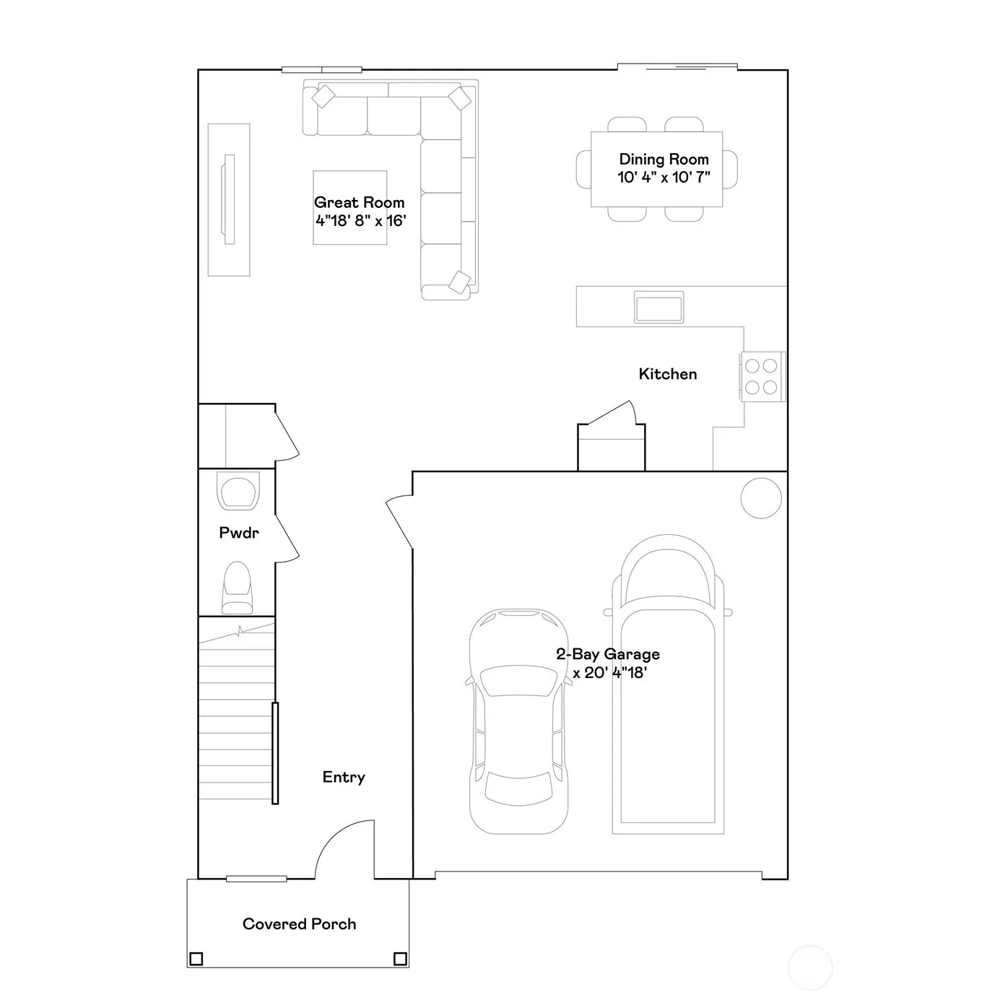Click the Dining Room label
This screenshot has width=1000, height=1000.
(x=664, y=160)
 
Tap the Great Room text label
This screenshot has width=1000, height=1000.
(x=359, y=202)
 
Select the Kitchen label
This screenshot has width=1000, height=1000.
(x=668, y=374)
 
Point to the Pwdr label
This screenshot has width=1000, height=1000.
(x=239, y=532)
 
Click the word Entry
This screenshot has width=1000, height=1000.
(x=344, y=778)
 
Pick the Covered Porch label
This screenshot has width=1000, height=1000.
(x=300, y=923)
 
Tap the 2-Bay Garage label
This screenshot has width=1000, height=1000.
(x=608, y=654)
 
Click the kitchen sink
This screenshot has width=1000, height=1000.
(x=658, y=307)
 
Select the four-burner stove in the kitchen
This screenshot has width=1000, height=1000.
(x=762, y=376)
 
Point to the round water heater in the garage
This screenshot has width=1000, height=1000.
(x=761, y=498)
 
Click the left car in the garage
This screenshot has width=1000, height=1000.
(x=518, y=721)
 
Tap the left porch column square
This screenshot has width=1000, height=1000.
(x=196, y=958)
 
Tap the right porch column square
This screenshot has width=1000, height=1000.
(x=399, y=958)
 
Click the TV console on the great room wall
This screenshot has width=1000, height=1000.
(x=229, y=200)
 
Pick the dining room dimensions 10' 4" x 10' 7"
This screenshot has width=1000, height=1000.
(x=664, y=178)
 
